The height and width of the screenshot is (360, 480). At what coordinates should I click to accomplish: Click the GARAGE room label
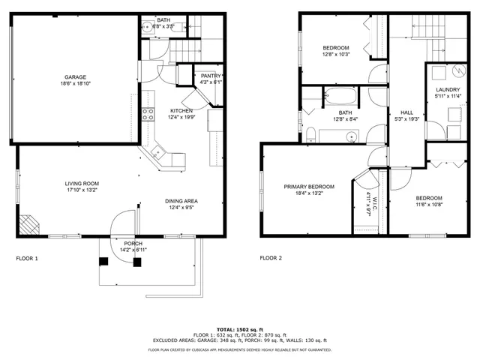pyautogui.click(x=75, y=76)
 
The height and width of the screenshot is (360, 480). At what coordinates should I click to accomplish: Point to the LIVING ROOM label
pyautogui.click(x=81, y=183)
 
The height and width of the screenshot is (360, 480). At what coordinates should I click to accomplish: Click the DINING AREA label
pyautogui.click(x=181, y=201)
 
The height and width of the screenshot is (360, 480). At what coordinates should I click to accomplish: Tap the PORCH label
pyautogui.click(x=133, y=244)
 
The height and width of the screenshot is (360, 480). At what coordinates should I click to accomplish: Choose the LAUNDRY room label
pyautogui.click(x=448, y=90)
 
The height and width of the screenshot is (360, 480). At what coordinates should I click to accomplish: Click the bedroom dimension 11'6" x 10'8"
pyautogui.click(x=430, y=204)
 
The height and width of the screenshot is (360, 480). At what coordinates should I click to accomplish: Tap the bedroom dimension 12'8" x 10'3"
pyautogui.click(x=335, y=54)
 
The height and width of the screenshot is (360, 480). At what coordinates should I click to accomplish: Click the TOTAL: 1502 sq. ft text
pyautogui.click(x=239, y=329)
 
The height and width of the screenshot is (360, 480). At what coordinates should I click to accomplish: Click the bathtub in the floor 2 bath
pyautogui.click(x=340, y=96)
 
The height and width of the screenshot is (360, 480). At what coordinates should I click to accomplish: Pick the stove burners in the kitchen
pyautogui.click(x=148, y=115)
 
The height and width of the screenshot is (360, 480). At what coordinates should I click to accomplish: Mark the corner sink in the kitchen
pyautogui.click(x=158, y=152)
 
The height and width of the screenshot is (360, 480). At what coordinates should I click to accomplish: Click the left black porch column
pyautogui.click(x=104, y=261)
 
